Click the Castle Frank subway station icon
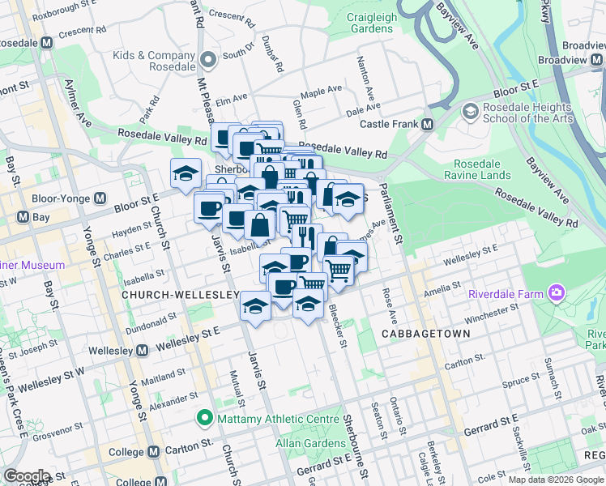point(428,124)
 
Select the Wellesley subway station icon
point(143,351)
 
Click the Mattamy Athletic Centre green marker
point(204,419)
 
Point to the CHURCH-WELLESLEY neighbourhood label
point(180,296)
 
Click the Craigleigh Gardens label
point(372,22)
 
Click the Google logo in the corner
point(28,475)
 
